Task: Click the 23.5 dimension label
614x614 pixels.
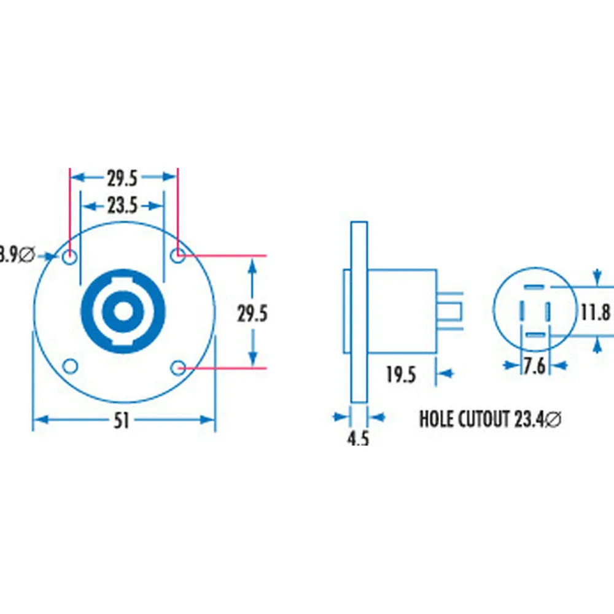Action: point(122,205)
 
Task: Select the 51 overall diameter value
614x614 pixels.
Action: point(122,421)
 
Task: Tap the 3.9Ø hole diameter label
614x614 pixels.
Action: point(17,254)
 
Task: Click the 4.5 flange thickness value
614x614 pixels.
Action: point(358,439)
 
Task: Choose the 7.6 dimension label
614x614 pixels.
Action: point(534,366)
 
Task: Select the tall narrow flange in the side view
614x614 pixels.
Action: point(359,312)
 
